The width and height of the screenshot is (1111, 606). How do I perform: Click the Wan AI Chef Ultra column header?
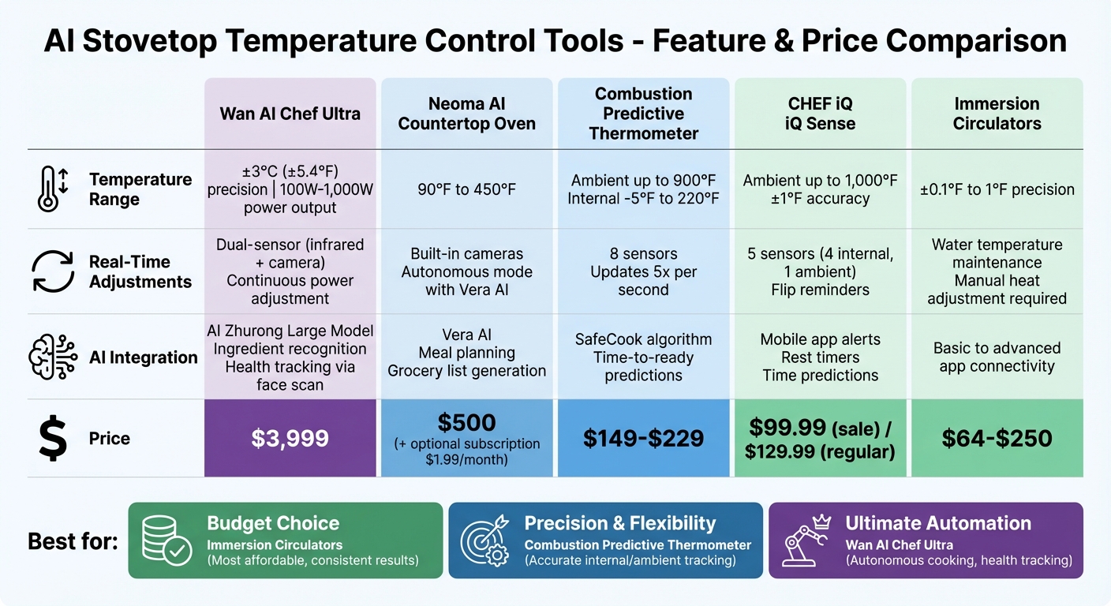[290, 114]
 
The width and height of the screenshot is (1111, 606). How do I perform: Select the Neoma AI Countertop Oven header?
[466, 114]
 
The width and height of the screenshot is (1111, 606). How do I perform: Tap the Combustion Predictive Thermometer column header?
[643, 114]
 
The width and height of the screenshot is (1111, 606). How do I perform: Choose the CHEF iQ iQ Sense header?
[820, 114]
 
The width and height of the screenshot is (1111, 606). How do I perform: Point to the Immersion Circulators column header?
[997, 114]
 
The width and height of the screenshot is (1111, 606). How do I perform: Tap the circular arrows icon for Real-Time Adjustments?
[53, 271]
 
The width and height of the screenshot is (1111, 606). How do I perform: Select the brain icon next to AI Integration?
[53, 357]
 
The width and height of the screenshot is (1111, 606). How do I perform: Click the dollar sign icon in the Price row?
[53, 439]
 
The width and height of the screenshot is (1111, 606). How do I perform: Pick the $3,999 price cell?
[290, 439]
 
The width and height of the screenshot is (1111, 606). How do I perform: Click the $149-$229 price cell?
[643, 439]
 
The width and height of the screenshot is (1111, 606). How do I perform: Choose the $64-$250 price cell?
[997, 439]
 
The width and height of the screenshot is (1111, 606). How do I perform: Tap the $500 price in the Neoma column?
[466, 423]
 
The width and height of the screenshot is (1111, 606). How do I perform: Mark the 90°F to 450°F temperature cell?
[466, 189]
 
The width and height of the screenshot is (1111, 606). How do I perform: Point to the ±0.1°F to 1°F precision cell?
[997, 189]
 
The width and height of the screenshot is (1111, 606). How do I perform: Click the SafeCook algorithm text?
[643, 339]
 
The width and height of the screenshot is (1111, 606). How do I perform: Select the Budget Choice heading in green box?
[273, 523]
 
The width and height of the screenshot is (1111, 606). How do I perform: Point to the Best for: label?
[73, 541]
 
